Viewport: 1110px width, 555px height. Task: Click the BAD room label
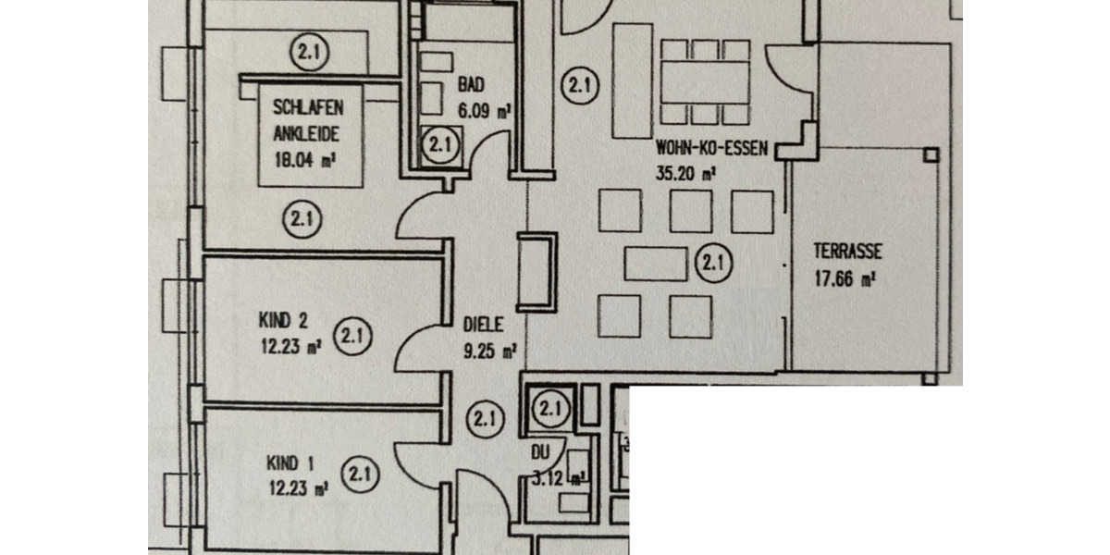click(x=471, y=85)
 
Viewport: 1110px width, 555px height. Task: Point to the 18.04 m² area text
click(x=304, y=158)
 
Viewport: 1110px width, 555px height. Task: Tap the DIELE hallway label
click(x=483, y=325)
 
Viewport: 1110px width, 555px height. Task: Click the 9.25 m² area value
click(x=488, y=351)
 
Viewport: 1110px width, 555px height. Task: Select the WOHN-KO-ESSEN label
click(x=711, y=148)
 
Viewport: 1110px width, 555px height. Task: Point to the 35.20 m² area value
click(x=684, y=172)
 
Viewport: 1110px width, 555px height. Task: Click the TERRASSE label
click(x=847, y=251)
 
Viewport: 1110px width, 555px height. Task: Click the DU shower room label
click(x=540, y=454)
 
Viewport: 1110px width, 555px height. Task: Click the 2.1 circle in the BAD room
click(x=439, y=144)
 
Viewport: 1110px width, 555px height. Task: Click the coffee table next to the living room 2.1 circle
click(x=655, y=263)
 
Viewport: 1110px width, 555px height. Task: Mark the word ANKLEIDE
click(x=306, y=134)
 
